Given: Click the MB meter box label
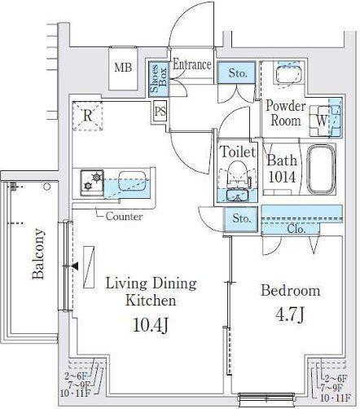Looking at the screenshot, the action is point(123,67).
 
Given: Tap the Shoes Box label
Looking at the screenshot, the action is point(159,78).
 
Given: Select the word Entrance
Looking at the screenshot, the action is point(192,64).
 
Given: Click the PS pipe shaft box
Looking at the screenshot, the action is point(160,112).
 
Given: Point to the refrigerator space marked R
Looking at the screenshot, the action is point(87,116).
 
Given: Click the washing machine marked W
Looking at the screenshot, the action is point(322,121).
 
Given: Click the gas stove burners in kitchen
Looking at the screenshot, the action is point(92,183).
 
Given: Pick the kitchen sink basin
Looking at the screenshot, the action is point(131,180).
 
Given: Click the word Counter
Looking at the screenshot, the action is point(124,217).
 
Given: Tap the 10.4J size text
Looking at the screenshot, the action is point(151,325).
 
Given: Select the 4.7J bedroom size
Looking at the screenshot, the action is point(290,315).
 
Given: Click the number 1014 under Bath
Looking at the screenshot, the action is point(282,177).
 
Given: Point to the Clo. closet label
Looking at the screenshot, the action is point(296,230).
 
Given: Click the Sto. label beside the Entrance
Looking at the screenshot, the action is point(238,73).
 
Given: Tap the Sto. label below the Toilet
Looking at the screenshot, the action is point(241,218).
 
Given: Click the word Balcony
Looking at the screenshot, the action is point(38,254).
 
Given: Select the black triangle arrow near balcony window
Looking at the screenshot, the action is point(75,266).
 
